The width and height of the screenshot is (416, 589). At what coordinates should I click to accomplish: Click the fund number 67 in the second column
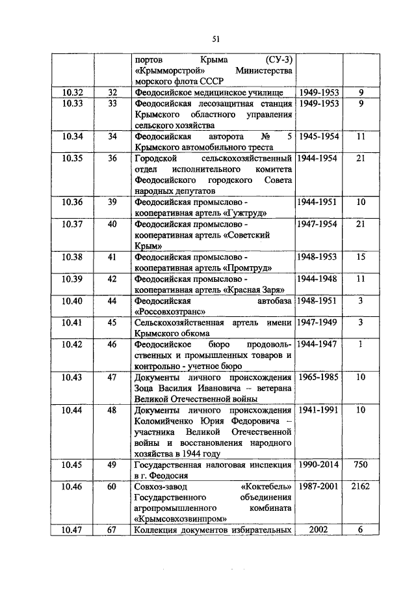point(111,530)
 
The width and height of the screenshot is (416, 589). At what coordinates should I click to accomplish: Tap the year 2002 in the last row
point(318,530)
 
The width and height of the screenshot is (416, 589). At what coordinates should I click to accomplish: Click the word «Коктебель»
point(266,486)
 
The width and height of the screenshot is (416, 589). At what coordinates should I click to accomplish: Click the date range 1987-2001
point(318,486)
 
